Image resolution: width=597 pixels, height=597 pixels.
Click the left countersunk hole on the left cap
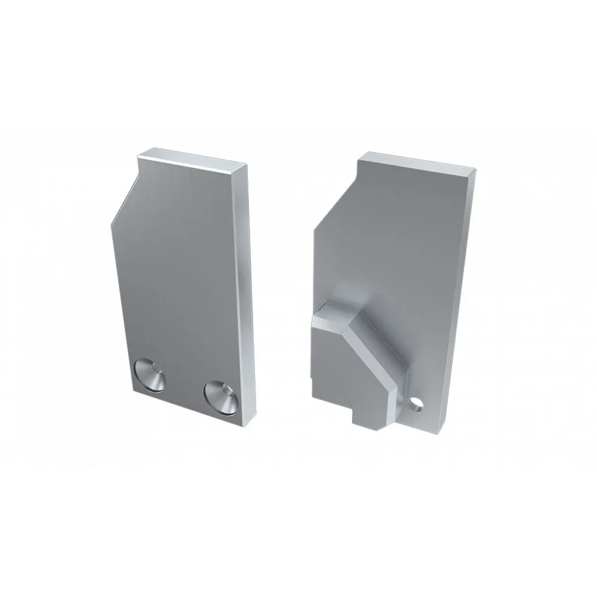click(150, 375)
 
